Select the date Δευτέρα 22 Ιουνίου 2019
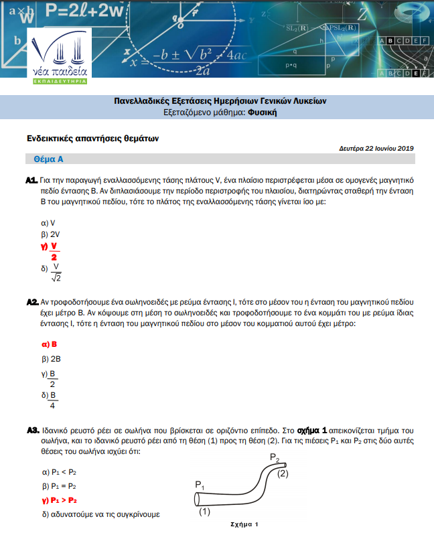coord(376,148)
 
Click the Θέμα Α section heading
coord(48,160)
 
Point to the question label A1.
coord(31,181)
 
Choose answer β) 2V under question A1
coord(51,234)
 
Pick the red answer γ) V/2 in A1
coord(51,251)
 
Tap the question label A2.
coord(31,303)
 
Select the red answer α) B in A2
coord(50,344)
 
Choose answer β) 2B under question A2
coord(51,359)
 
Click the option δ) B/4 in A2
coord(50,400)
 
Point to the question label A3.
coord(31,430)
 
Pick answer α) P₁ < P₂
coord(59,472)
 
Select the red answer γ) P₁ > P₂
coord(60,500)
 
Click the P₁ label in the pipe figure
coord(200,484)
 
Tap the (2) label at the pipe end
coord(283,474)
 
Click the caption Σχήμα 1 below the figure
coord(244,524)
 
